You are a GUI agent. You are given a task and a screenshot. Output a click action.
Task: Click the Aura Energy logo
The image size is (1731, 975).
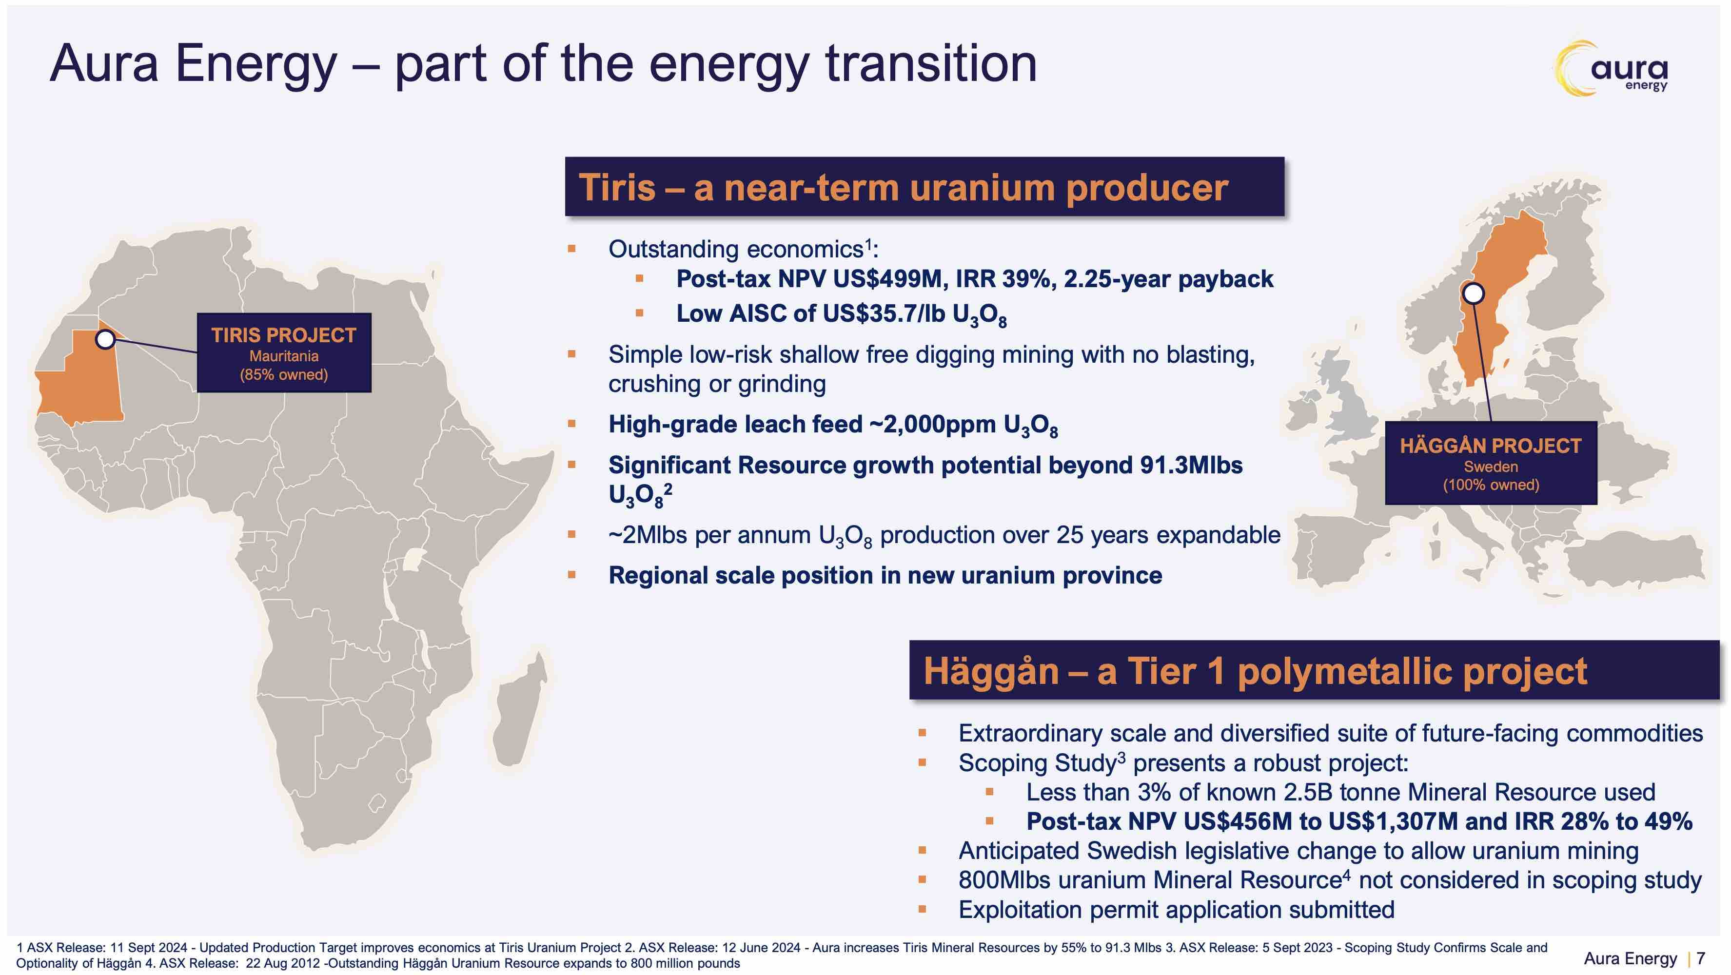[x=1612, y=68]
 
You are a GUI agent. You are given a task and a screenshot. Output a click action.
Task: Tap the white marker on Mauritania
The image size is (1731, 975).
[x=105, y=339]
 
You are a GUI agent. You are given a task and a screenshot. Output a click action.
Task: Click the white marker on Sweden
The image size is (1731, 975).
[x=1474, y=293]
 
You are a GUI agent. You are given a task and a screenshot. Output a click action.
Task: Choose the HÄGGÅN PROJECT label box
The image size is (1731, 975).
[x=1491, y=463]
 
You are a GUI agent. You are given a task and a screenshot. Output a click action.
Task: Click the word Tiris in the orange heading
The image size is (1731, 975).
[x=616, y=188]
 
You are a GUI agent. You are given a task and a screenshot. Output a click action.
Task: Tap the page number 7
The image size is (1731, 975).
[x=1701, y=958]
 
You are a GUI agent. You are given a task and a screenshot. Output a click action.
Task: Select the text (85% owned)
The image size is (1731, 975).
[x=284, y=374]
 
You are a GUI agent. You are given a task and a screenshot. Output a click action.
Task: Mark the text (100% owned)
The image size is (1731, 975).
[x=1491, y=485]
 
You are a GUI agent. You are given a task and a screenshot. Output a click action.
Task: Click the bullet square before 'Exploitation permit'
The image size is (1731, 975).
[x=922, y=910]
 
